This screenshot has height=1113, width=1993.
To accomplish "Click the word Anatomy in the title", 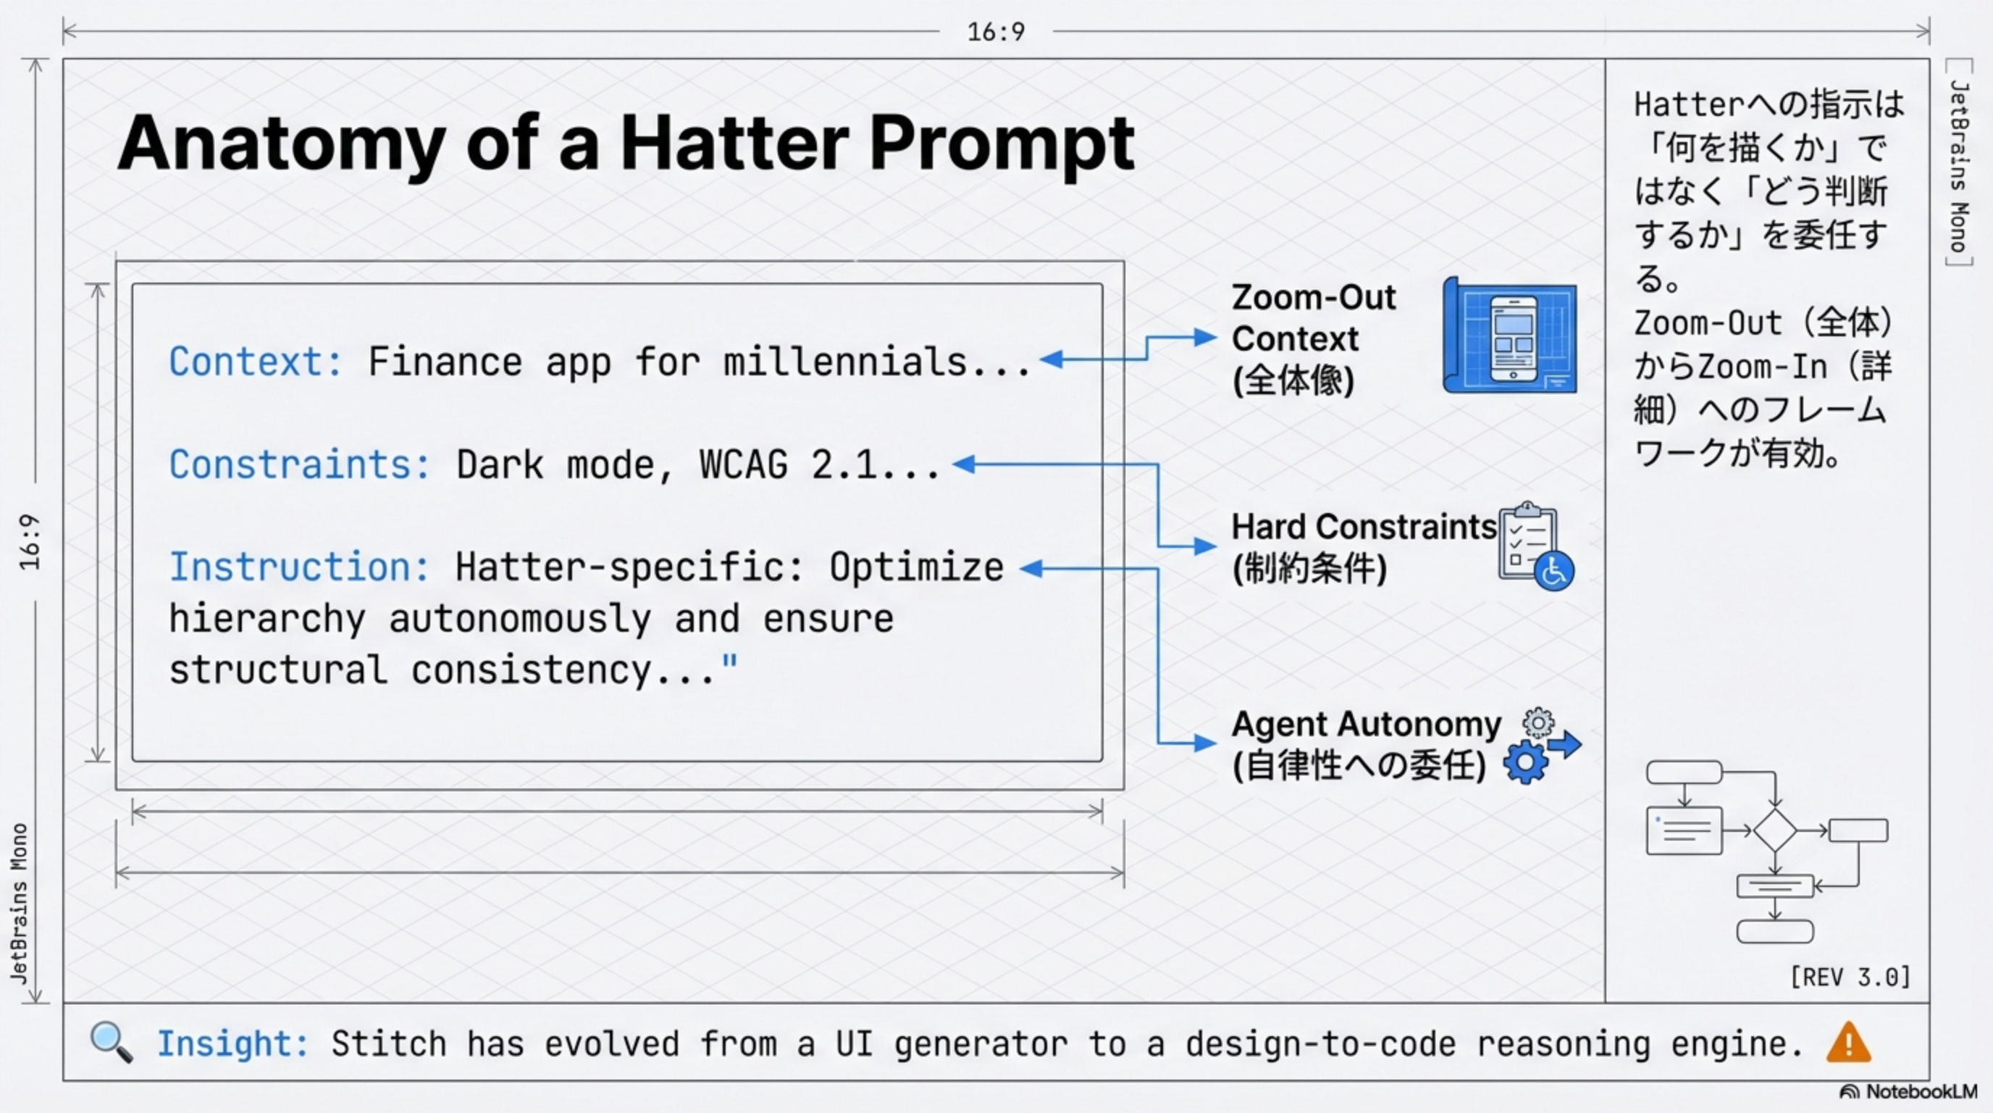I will (281, 144).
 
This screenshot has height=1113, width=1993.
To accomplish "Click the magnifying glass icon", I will (111, 1042).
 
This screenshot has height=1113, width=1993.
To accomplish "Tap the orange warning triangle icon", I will (1847, 1043).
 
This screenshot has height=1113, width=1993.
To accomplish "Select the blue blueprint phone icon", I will (1510, 338).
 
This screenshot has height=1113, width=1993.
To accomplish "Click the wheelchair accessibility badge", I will (1553, 572).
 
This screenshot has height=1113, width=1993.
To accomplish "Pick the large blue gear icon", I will (1525, 762).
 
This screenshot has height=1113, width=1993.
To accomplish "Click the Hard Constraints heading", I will (1363, 527).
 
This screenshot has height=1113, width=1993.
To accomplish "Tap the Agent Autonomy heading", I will (1366, 725).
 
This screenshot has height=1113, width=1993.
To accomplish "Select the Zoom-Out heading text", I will (1314, 298).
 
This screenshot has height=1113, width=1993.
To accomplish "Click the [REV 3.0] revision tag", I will (1850, 977).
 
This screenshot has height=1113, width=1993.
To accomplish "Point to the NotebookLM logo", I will (1909, 1092).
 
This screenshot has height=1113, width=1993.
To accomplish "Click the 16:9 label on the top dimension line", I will (996, 32).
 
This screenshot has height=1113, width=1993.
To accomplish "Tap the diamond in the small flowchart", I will (1774, 830).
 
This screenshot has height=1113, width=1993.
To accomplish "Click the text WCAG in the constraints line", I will (743, 465).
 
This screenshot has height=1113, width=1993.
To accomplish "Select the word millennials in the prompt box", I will (845, 362).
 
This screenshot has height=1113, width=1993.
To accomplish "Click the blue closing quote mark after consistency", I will (729, 663).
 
